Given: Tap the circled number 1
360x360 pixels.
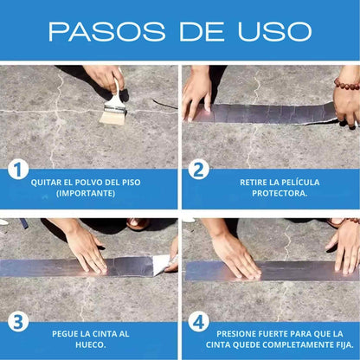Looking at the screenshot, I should (x=18, y=170).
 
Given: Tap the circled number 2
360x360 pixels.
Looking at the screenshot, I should (x=199, y=170).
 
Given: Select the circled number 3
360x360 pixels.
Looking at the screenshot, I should (x=18, y=322).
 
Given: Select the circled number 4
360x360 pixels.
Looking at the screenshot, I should (x=199, y=322).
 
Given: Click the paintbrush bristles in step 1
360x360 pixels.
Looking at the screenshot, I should (x=112, y=113).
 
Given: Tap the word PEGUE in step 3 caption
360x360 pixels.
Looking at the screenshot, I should (x=67, y=333).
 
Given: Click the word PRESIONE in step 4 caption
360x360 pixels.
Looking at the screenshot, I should (x=237, y=333).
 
